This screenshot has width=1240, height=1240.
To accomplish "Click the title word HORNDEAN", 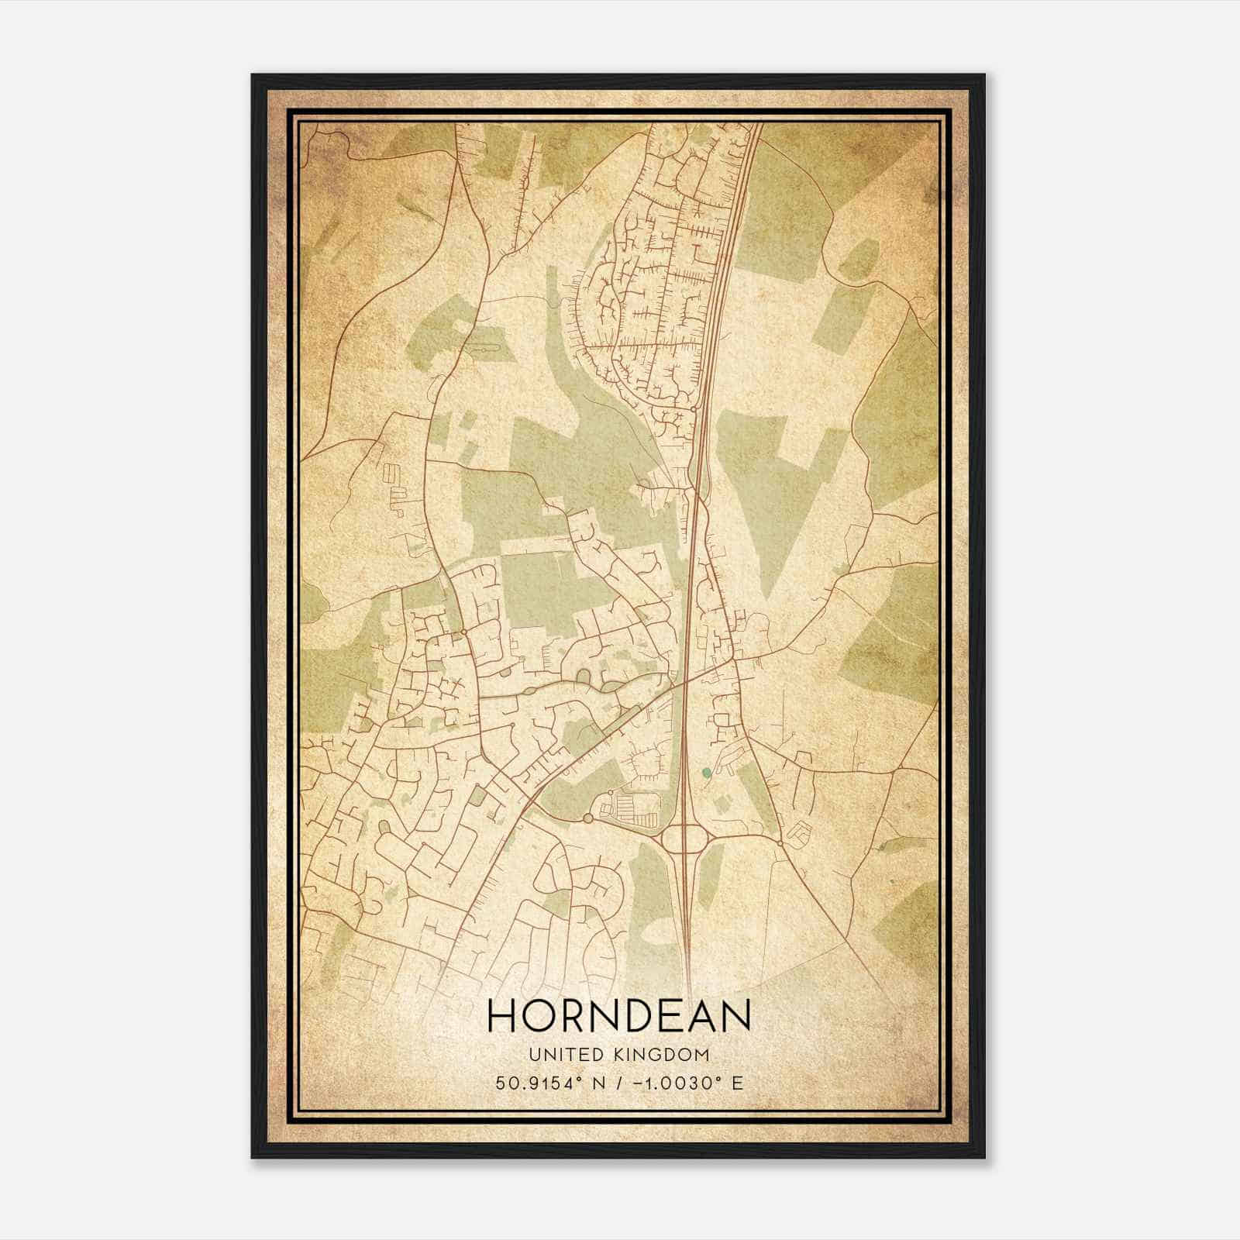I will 619,1016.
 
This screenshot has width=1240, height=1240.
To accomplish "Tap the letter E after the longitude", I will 737,1083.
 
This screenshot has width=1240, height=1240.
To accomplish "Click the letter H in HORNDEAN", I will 501,1016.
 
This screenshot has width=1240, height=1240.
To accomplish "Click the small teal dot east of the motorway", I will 705,772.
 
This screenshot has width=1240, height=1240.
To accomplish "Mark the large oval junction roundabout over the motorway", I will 683,839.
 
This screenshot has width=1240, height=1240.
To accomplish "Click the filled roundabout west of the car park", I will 587,818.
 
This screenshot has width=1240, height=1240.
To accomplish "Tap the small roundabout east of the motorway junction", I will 779,842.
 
